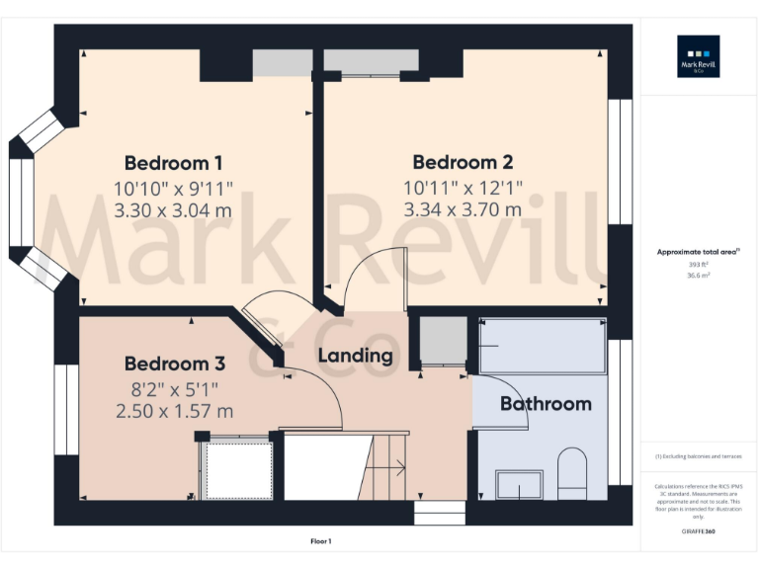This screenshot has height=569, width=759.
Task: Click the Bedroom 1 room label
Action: point(173,163)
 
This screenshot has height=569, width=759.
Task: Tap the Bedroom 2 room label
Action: point(463,162)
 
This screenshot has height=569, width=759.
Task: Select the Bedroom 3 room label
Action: point(175,364)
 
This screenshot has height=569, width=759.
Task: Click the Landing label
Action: point(355,356)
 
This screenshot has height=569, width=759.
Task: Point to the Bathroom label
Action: point(546,403)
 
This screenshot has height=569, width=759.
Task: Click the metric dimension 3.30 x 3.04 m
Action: point(173,209)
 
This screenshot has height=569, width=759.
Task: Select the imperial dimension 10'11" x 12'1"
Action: point(463,186)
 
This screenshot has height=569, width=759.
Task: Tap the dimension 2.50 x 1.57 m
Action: point(173,410)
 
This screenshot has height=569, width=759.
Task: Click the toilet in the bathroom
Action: point(572,474)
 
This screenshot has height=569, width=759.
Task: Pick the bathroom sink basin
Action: point(518,484)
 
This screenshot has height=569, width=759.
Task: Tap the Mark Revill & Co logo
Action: point(698,56)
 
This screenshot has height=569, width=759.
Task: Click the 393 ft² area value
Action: point(699,265)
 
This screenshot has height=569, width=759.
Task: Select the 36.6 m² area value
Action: point(699,277)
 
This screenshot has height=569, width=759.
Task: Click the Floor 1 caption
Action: point(320,541)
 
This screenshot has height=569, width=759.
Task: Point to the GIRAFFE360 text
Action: point(699,532)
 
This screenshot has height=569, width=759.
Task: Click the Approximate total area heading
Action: point(698,253)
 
